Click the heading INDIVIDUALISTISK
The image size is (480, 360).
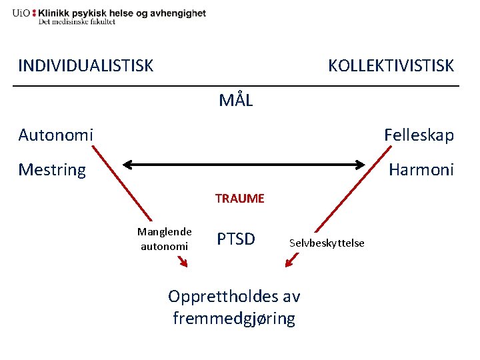click(85, 65)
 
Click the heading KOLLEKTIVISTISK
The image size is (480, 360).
click(391, 65)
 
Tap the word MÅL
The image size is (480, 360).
click(236, 101)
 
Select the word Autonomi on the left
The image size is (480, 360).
click(55, 135)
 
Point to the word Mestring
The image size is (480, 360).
click(52, 170)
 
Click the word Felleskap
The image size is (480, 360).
click(419, 135)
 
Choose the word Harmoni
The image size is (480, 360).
click(421, 170)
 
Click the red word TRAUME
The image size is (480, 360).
click(239, 198)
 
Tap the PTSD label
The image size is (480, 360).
click(236, 239)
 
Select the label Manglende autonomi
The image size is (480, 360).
click(164, 239)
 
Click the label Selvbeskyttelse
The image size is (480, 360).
click(327, 243)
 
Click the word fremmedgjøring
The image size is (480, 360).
click(233, 319)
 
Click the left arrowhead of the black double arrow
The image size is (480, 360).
click(126, 163)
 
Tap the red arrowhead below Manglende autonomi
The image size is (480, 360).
click(184, 264)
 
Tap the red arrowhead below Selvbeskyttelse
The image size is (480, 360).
click(289, 264)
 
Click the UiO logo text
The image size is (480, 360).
click(20, 13)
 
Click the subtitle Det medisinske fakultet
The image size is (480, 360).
click(77, 22)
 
